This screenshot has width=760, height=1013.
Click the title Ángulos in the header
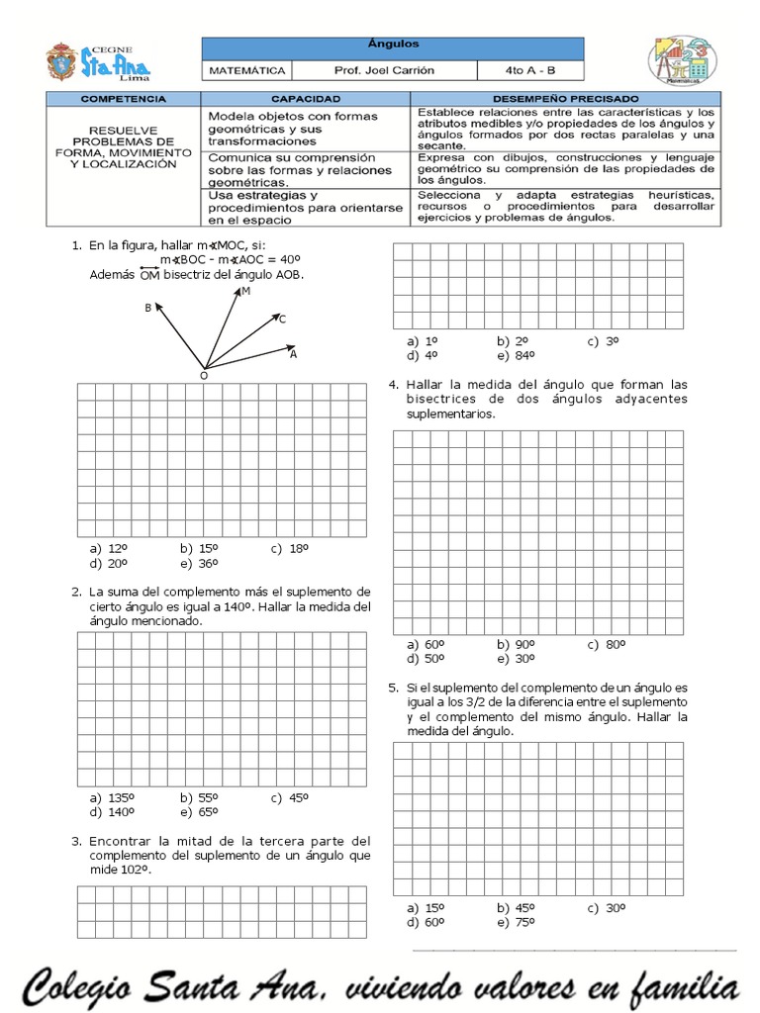click(393, 46)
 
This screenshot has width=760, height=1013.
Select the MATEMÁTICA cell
click(247, 70)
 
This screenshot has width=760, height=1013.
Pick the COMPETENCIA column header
click(123, 100)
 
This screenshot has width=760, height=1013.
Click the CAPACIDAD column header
click(306, 100)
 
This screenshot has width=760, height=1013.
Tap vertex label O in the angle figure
click(204, 376)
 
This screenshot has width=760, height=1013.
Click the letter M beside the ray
click(245, 292)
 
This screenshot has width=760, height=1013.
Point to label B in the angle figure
click(148, 309)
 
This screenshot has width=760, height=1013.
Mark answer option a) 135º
click(112, 797)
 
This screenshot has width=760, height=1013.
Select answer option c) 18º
click(290, 548)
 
